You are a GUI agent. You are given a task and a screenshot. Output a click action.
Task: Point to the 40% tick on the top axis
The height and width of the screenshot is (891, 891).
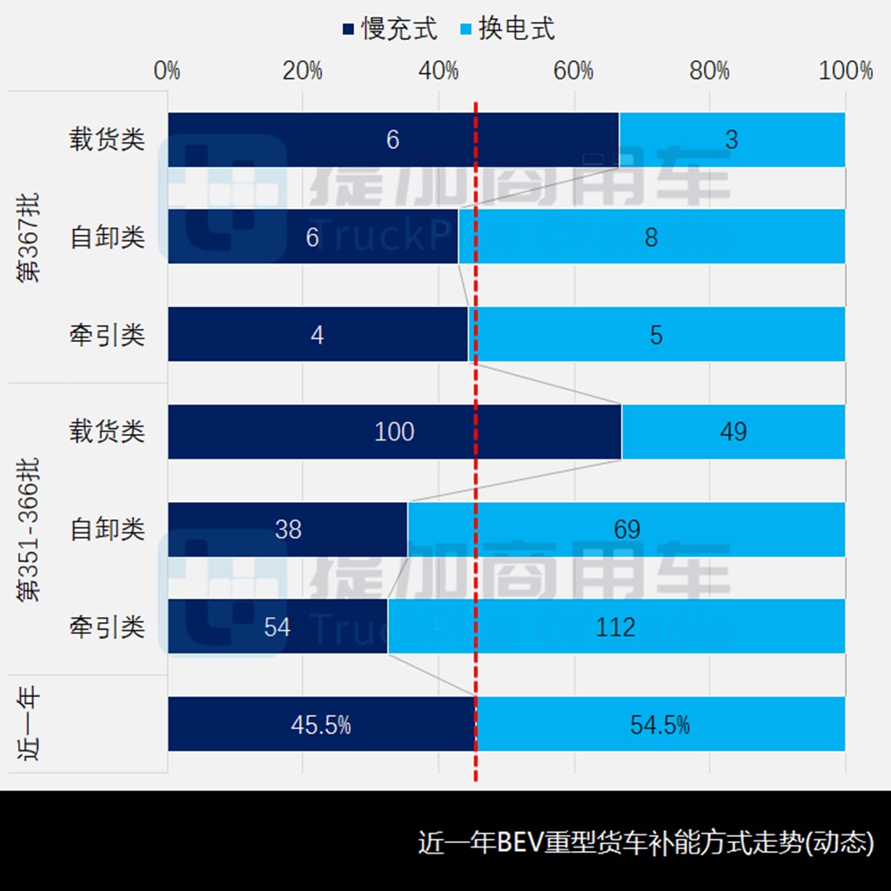(x=438, y=71)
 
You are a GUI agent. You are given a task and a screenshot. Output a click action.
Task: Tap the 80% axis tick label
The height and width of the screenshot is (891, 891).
(x=709, y=71)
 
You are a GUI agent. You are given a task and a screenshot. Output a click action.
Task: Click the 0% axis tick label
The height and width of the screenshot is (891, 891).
(x=167, y=71)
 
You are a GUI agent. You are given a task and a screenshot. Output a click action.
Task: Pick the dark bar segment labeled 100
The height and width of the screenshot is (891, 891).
(x=394, y=432)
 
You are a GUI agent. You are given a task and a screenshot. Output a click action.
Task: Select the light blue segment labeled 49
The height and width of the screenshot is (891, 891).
(x=734, y=432)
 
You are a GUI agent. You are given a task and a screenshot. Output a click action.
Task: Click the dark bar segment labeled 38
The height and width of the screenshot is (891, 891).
(x=288, y=529)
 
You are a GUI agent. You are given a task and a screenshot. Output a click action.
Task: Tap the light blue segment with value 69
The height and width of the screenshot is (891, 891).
(x=626, y=529)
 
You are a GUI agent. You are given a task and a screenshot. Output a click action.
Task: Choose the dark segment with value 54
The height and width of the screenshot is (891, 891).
(x=277, y=626)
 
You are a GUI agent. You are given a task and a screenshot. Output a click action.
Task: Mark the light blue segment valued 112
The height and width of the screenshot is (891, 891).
(x=616, y=626)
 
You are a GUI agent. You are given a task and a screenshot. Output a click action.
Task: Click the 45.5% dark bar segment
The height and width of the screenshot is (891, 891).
(x=321, y=724)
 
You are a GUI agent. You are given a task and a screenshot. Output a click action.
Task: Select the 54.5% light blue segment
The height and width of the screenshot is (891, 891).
(x=660, y=724)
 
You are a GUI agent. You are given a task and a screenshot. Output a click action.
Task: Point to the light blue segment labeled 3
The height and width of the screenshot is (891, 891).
(x=732, y=139)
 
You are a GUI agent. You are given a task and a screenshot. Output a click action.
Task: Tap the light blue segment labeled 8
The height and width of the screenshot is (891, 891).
(x=652, y=237)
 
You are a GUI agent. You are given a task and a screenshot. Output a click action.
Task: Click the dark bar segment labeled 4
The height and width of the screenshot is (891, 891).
(x=318, y=334)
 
